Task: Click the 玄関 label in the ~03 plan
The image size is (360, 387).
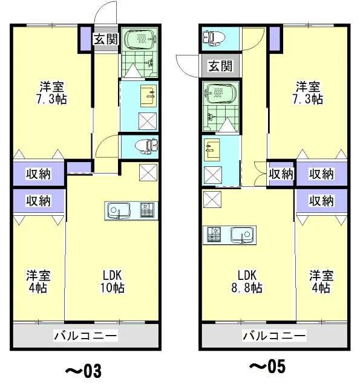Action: [x=106, y=39]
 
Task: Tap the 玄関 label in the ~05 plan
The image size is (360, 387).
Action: [x=220, y=66]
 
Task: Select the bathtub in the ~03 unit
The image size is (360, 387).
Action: [x=140, y=39]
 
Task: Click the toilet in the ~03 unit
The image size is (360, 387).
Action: [x=146, y=146]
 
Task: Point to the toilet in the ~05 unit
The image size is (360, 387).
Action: [x=214, y=38]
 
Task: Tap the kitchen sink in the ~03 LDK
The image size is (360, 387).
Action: [x=117, y=210]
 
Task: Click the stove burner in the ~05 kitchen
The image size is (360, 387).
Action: [x=214, y=234]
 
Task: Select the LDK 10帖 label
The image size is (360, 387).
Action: [x=113, y=282]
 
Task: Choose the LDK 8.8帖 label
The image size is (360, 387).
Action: [x=247, y=282]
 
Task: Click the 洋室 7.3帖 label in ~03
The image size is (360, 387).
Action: [x=51, y=93]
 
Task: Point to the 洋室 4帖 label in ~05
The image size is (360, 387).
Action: [x=321, y=282]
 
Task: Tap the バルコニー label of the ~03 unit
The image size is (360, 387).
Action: [x=85, y=336]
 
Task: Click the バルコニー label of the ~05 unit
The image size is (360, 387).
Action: [x=274, y=336]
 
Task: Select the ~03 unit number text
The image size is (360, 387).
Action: [x=83, y=371]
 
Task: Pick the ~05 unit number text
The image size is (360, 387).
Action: [x=267, y=366]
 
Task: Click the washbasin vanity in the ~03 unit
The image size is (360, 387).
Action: [x=148, y=96]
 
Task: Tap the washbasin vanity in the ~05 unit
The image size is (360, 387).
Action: [x=212, y=150]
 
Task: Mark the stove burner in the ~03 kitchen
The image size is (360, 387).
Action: [x=147, y=210]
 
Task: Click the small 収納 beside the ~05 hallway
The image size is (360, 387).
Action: [x=281, y=174]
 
